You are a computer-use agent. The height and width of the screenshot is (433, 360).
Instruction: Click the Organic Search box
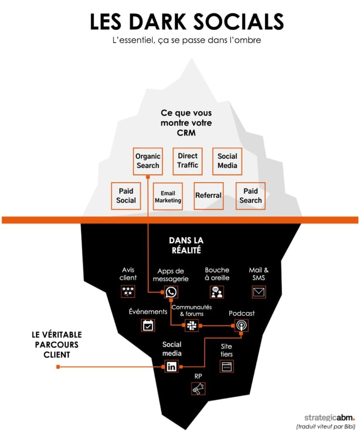pos(148,161)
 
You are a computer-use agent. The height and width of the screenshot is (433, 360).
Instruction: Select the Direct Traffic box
pos(187,161)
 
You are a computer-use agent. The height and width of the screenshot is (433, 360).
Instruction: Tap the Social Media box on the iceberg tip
pos(227,161)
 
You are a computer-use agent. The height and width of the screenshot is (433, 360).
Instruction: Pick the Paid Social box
pos(126,196)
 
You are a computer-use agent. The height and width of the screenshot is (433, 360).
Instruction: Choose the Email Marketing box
pos(168,196)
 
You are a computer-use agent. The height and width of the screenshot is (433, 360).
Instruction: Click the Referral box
pos(208,195)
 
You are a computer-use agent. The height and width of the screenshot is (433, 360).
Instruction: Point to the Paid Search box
pos(250,196)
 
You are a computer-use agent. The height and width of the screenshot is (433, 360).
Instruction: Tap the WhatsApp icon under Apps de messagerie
pos(171,292)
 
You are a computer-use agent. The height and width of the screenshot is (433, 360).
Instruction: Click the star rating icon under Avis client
pos(128,291)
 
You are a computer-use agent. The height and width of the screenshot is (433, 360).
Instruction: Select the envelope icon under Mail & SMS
pos(258,292)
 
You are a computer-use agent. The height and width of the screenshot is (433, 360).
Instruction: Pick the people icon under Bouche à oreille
pos(217,292)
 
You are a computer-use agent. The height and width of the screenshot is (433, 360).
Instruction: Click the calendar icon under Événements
pos(148,325)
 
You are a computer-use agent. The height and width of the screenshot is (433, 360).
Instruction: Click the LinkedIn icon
pos(172,366)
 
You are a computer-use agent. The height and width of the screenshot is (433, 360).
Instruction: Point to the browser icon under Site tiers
pos(227,366)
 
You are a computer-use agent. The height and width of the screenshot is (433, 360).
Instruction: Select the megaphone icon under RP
pos(198,388)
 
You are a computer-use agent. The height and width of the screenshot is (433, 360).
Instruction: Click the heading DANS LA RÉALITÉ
pos(186,245)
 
